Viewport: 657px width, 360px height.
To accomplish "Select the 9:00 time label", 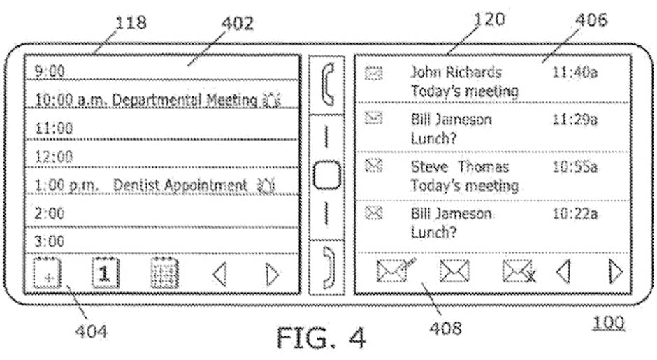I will (x=50, y=71).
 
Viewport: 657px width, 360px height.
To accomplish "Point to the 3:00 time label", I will (x=50, y=241).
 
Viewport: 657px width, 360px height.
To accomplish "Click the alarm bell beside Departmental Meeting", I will (x=270, y=100).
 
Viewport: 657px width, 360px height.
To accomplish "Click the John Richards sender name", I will (x=455, y=72).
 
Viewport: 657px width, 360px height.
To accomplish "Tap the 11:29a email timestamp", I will (x=575, y=120).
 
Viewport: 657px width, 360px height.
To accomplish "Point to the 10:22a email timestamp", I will (x=575, y=214).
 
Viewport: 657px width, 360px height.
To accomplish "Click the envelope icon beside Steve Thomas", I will (x=375, y=166).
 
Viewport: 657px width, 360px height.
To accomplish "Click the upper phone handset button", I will (x=326, y=83).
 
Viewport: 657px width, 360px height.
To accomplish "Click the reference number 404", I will (x=91, y=331).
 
